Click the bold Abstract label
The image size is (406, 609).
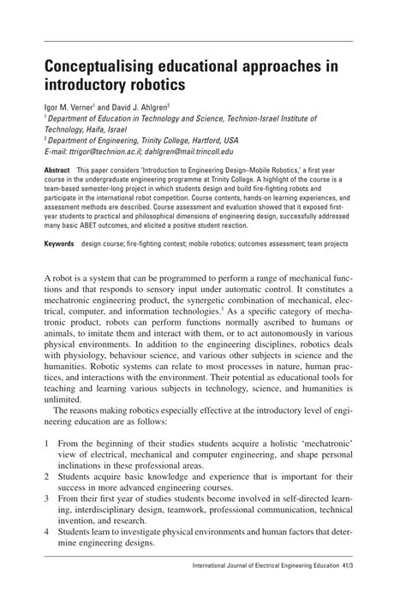click(57, 170)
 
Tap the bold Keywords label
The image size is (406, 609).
click(60, 244)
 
